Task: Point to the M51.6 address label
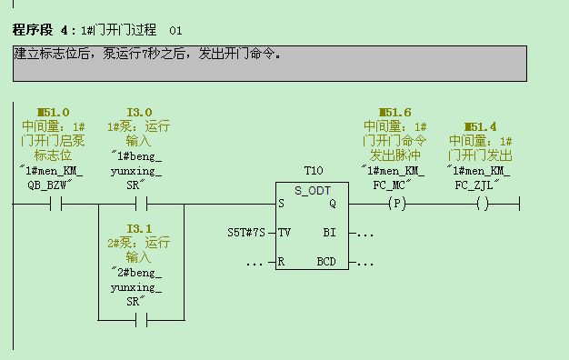pos(394,113)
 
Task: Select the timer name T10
pos(314,170)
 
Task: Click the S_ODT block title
pos(314,189)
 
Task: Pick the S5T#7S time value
pos(245,233)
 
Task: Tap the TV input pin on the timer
pos(285,233)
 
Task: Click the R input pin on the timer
pos(284,262)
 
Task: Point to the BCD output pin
pos(326,262)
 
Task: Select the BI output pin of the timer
pos(329,233)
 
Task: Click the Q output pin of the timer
pos(332,204)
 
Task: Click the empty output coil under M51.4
pos(481,205)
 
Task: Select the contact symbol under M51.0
pos(55,205)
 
